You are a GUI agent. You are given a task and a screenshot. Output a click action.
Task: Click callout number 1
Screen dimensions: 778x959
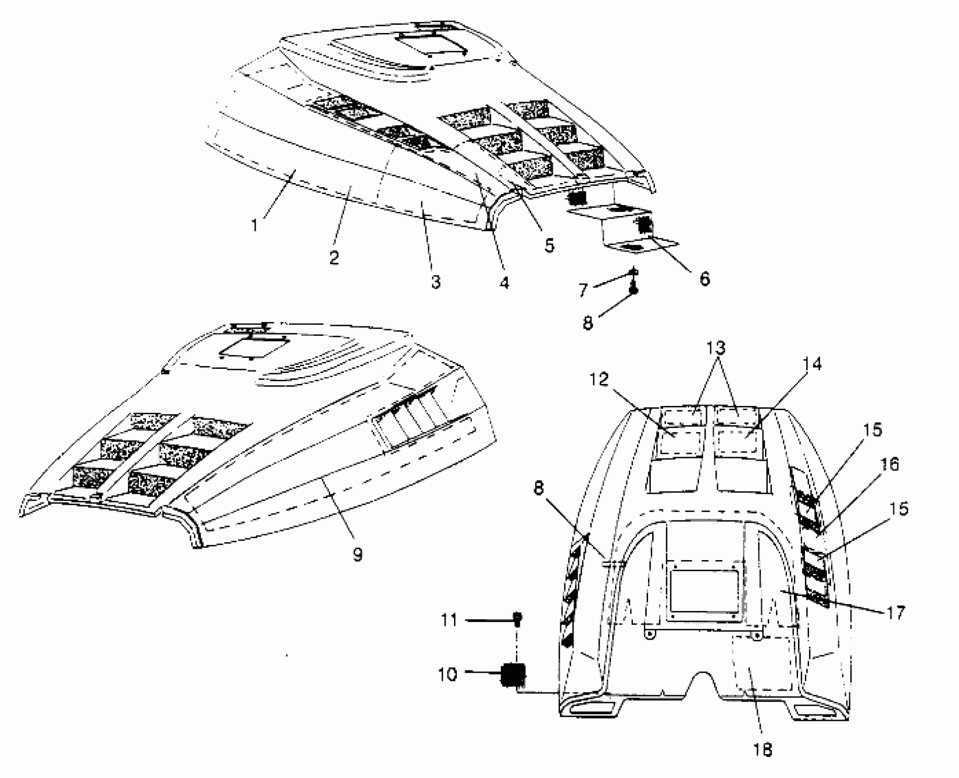point(254,225)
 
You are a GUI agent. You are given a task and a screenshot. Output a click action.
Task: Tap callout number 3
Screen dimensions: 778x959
point(436,281)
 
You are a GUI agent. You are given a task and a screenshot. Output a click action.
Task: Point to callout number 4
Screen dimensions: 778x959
point(504,283)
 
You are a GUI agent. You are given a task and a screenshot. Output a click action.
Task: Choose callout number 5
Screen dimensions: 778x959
point(549,245)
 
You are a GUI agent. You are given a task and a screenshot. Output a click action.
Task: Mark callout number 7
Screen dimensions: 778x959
point(583,289)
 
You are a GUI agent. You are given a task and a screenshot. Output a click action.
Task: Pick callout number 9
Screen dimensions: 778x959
point(358,554)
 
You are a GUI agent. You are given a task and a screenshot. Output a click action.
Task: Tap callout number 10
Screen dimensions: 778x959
point(447,674)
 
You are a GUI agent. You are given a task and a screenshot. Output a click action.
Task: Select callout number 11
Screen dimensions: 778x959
point(449,620)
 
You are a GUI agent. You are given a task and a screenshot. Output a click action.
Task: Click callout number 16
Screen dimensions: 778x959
point(889,464)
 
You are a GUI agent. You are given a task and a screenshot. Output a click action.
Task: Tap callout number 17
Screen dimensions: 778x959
point(895,612)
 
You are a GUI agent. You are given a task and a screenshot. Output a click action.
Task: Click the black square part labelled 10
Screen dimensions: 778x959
point(513,674)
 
